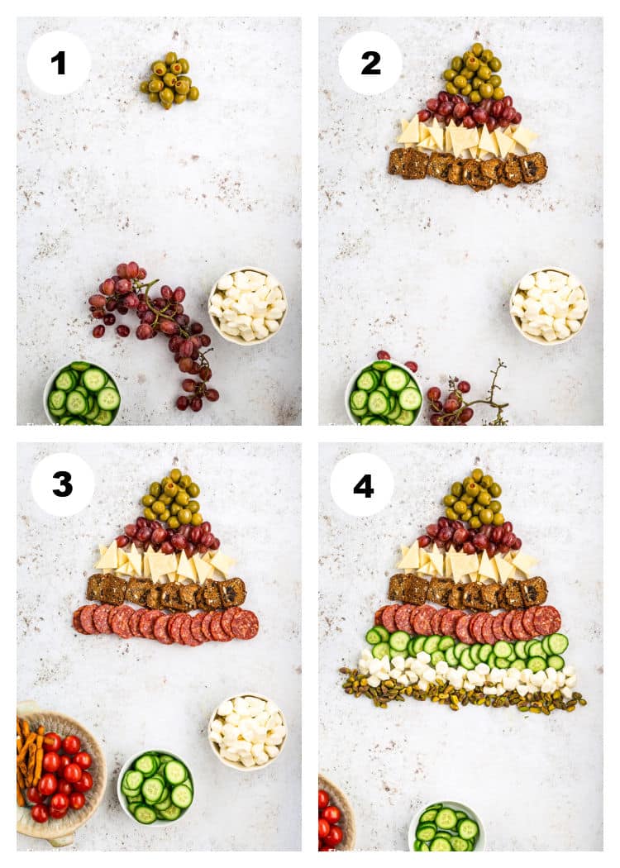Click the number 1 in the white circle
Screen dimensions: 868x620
[x=58, y=63]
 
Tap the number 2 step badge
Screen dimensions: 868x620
[x=370, y=63]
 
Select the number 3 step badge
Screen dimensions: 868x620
[x=62, y=484]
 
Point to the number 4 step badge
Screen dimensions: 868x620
[x=363, y=484]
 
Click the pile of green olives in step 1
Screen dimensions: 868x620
[x=169, y=80]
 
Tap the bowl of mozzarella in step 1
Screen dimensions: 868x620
[x=247, y=305]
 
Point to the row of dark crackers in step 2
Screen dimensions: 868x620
[x=468, y=168]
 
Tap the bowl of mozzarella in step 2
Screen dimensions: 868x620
[x=549, y=305]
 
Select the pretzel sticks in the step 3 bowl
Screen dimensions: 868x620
[x=28, y=752]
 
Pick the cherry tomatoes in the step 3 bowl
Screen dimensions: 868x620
[x=62, y=777]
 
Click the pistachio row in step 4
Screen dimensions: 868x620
[x=463, y=696]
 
